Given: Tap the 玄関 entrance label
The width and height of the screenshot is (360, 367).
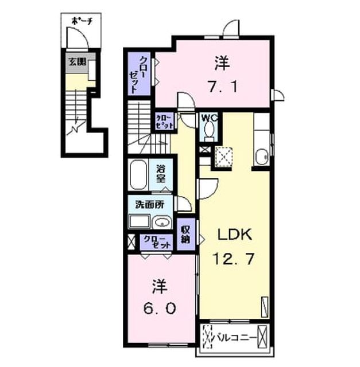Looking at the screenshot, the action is [x=78, y=62].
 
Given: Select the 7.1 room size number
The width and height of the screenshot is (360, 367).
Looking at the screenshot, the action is [x=223, y=87].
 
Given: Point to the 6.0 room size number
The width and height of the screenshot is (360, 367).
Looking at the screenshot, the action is [x=160, y=309].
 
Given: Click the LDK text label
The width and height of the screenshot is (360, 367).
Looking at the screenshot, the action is [x=235, y=235].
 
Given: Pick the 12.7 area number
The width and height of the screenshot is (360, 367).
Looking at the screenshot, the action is [x=234, y=259].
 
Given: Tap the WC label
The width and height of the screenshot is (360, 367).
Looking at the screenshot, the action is [x=210, y=118].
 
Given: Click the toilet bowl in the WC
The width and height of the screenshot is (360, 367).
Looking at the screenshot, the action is [x=209, y=130].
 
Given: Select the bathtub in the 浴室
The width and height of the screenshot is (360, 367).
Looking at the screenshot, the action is [x=138, y=174].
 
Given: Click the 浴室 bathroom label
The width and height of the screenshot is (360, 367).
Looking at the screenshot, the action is [x=161, y=174].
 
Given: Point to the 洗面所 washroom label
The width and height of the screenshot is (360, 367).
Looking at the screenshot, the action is [x=150, y=205].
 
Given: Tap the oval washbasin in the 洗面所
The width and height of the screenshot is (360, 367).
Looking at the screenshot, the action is [x=162, y=222].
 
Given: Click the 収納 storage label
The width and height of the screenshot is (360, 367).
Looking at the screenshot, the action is [x=185, y=235].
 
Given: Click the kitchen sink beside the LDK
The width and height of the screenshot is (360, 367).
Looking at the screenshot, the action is [x=262, y=157].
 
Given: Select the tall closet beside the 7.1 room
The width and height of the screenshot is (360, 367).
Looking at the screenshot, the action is [x=139, y=74].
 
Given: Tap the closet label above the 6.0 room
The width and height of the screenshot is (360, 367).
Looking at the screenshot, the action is [x=156, y=242].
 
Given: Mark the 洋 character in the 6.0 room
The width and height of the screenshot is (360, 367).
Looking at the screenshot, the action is [x=160, y=286].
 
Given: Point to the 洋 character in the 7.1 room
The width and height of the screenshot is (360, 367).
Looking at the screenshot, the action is [x=223, y=63].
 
